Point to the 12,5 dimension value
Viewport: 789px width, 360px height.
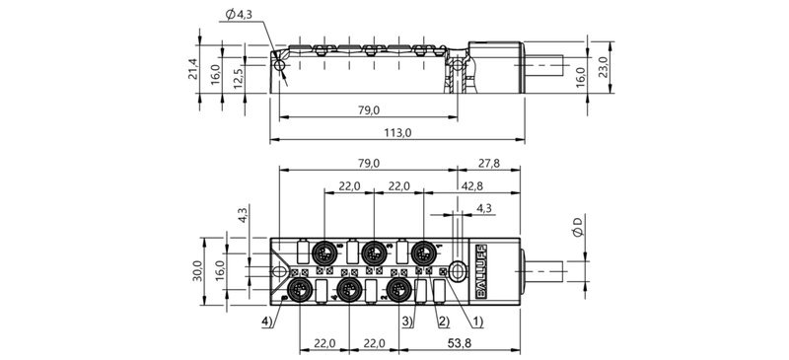click(239, 78)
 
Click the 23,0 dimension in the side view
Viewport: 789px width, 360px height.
click(609, 66)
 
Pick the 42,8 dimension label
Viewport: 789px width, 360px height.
click(473, 186)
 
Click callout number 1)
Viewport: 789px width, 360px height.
click(477, 321)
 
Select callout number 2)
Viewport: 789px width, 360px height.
click(443, 321)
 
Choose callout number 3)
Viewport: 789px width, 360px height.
click(407, 321)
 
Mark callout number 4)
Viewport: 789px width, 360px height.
click(267, 321)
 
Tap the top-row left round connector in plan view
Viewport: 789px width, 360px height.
click(324, 253)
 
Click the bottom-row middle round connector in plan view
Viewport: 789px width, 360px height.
click(348, 288)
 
